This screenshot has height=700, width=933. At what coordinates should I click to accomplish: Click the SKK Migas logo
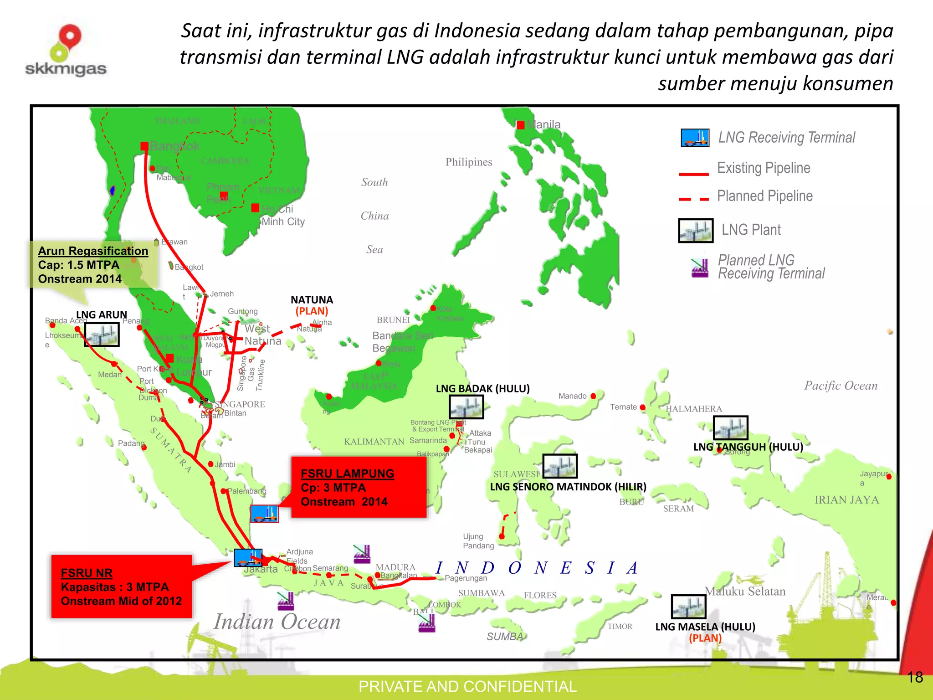pos(66,50)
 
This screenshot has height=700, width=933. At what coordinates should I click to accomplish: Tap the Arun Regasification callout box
pos(93,265)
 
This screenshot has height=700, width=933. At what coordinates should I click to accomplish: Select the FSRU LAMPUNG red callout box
pos(359,487)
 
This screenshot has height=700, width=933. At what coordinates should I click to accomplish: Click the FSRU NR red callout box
pos(121,587)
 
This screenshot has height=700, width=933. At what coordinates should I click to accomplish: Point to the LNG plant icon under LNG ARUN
pos(102,335)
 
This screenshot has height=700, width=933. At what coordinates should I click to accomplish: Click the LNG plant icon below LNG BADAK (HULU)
pos(466,407)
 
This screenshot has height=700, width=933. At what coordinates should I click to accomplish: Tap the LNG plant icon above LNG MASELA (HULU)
pos(688,607)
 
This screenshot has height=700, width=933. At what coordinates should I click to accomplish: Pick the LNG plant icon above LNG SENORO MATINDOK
pos(560,466)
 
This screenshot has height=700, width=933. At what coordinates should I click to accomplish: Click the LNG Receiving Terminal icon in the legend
pos(695,138)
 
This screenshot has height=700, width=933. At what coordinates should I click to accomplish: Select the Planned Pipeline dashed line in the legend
pos(694,199)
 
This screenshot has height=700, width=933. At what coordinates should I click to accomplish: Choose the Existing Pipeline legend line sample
pos(694,174)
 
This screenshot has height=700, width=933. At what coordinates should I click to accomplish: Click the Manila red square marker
pos(521,125)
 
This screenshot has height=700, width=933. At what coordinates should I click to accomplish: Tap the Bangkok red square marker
pos(144,146)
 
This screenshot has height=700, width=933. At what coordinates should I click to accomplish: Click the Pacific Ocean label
pos(841,386)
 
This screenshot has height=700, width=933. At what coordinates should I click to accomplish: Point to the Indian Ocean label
pos(277,622)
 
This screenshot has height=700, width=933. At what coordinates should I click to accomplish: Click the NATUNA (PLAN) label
pos(312,305)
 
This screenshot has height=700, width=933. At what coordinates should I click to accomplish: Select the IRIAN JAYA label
pos(846,500)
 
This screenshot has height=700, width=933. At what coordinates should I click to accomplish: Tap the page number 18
pos(915,677)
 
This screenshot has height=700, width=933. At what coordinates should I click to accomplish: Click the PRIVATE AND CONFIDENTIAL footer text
pos(467,686)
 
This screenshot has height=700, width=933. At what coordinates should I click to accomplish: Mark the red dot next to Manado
pos(593,396)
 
